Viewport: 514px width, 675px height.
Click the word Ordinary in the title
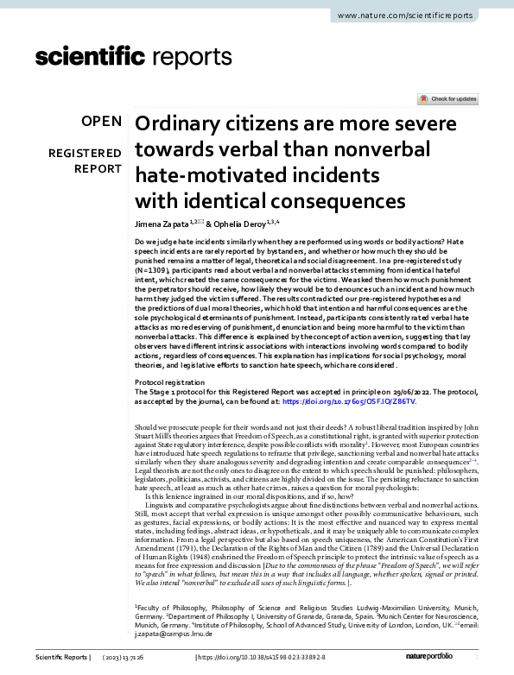point(181,124)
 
